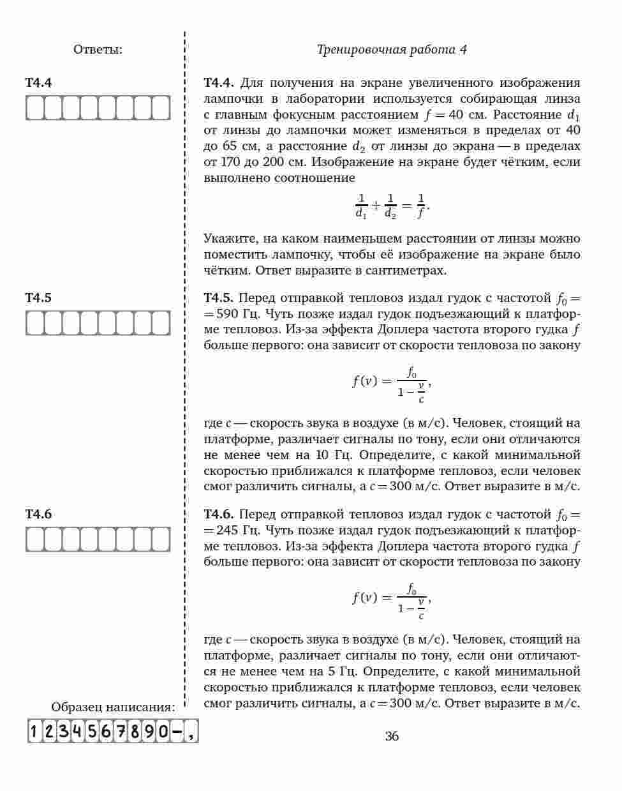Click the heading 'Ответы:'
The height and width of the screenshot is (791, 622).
(98, 50)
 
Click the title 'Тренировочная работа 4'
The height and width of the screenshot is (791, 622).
(392, 50)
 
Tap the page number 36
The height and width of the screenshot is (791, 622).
(392, 736)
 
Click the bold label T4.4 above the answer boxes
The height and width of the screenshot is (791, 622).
(39, 83)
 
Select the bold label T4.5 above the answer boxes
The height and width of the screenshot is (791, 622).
(39, 298)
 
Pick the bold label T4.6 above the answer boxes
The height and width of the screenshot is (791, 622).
(39, 515)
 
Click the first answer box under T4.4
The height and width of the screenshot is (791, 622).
(34, 108)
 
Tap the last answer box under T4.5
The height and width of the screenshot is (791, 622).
(161, 323)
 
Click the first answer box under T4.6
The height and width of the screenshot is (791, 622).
(34, 539)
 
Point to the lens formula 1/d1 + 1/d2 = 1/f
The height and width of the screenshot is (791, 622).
(392, 206)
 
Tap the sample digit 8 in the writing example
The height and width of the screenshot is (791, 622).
(135, 730)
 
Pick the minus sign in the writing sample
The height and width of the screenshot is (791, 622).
(177, 730)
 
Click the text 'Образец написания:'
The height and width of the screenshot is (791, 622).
(113, 707)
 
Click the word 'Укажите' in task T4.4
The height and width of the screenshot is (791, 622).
(228, 239)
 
